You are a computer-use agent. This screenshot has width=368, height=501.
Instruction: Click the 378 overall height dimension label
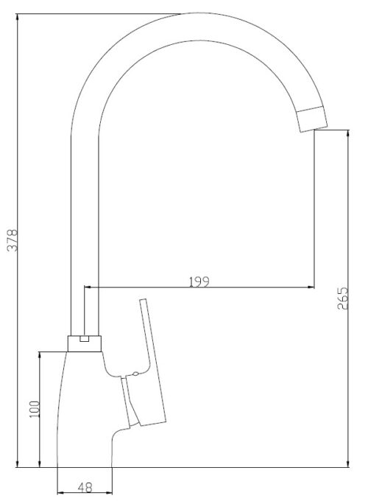[13, 240]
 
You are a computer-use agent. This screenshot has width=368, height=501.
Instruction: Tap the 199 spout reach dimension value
[199, 281]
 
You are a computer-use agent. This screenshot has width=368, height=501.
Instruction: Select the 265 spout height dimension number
[343, 298]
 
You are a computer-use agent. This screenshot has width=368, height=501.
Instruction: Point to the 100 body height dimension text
[34, 410]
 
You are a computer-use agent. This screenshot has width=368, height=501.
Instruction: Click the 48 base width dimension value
[85, 488]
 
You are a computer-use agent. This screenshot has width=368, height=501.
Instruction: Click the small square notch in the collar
[84, 338]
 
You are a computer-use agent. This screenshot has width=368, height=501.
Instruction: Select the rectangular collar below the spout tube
[85, 344]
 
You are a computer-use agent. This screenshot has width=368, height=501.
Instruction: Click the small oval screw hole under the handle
[135, 374]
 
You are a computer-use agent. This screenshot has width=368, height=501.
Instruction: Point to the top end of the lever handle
[143, 300]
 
